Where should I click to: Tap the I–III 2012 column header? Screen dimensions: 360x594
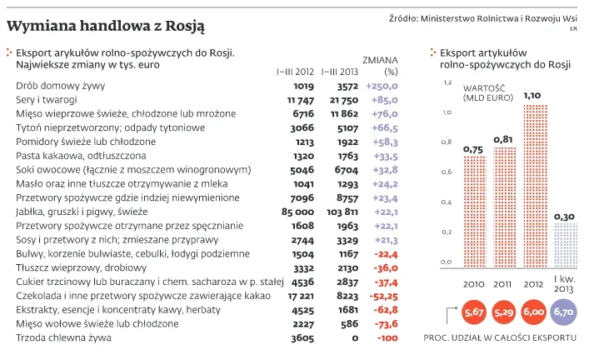[x=295, y=71]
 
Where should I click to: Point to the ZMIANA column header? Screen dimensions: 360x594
[x=381, y=60]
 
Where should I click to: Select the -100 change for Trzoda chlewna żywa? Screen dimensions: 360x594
[x=385, y=338]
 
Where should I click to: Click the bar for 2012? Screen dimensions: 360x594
[x=537, y=183]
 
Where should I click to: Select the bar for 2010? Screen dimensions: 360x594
[x=474, y=209]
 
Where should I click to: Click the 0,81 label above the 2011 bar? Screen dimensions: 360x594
[x=503, y=139]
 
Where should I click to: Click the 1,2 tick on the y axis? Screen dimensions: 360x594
[x=447, y=83]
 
